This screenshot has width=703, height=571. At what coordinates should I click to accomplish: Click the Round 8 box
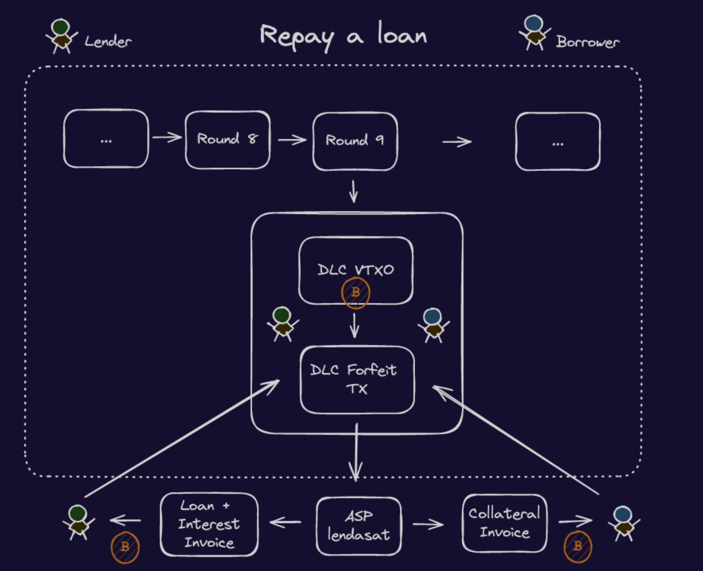point(227,140)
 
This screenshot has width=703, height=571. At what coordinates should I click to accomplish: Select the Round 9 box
point(355,141)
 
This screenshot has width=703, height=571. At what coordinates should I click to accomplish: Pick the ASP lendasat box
point(359,526)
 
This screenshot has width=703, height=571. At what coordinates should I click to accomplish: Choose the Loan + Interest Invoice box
point(209,524)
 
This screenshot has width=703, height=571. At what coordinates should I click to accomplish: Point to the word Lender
point(108,42)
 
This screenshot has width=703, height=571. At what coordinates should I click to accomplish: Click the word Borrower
point(588,42)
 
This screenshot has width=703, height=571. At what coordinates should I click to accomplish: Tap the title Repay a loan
point(343,36)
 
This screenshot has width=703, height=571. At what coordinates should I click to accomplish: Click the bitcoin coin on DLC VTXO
point(356,293)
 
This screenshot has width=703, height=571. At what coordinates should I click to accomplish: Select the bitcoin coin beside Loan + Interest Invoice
point(125,547)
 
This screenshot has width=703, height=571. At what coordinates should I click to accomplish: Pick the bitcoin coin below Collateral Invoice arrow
point(578,546)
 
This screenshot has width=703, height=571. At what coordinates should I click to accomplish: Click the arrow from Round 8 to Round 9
point(292,140)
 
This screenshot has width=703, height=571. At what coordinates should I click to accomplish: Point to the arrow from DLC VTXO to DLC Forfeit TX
point(354,325)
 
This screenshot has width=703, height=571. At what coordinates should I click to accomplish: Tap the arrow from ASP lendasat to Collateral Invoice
point(428,524)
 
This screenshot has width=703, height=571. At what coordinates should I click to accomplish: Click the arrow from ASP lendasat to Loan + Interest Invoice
point(285,522)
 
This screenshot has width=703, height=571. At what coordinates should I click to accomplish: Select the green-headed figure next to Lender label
point(61,36)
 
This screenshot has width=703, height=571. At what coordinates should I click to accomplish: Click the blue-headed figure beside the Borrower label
point(534,32)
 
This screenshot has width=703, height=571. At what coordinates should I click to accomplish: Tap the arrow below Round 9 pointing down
point(354,191)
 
